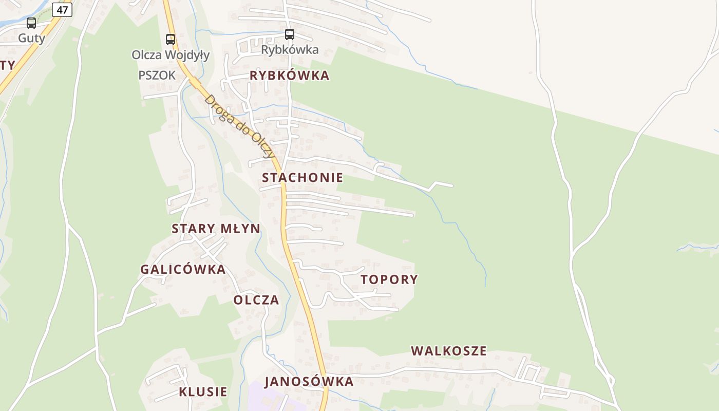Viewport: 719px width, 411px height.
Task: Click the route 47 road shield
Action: click(62, 10)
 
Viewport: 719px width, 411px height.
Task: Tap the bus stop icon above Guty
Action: click(31, 23)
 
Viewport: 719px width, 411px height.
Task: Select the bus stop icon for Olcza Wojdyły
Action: click(170, 40)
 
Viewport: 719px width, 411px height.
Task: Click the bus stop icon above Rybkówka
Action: click(290, 34)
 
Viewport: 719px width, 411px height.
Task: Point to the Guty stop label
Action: click(31, 38)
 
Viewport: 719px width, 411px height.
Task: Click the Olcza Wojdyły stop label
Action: click(171, 55)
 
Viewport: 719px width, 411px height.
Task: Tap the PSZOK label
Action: click(157, 76)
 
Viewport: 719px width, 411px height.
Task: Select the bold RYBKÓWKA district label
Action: click(289, 76)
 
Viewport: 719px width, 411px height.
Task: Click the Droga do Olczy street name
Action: click(239, 126)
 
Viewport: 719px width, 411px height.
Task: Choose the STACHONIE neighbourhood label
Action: click(302, 178)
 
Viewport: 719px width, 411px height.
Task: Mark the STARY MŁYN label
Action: click(216, 229)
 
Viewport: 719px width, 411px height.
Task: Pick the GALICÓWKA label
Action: click(183, 269)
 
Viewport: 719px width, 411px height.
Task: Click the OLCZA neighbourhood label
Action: click(256, 300)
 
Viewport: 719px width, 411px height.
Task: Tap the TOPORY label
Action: click(389, 279)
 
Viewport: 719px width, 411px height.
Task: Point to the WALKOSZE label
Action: click(448, 351)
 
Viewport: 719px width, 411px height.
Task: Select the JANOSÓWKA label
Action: click(309, 381)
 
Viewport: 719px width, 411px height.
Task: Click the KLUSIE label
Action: click(203, 391)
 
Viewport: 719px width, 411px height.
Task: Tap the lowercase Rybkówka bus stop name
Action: click(290, 50)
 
